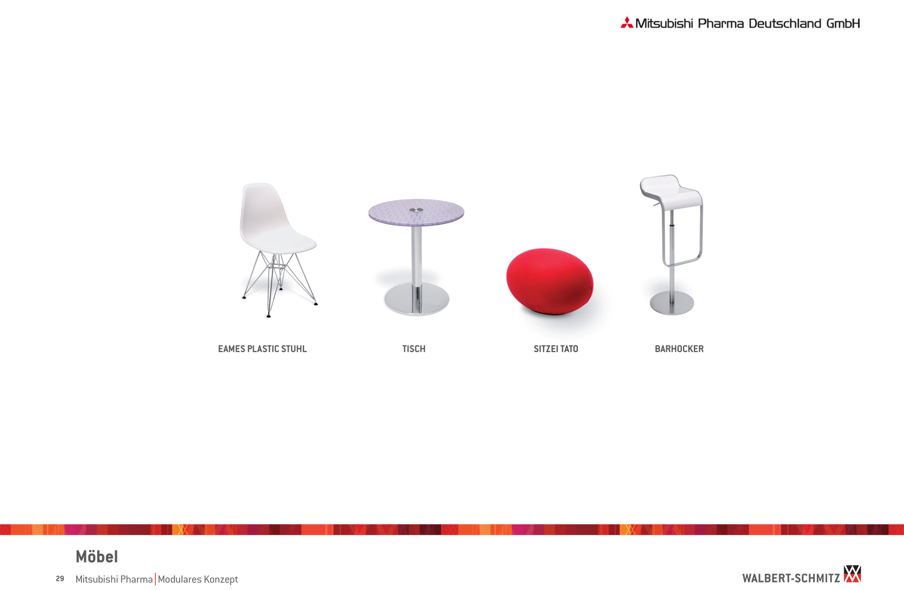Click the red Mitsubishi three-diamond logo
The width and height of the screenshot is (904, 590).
tap(627, 23)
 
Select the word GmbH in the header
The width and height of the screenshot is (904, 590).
tap(843, 23)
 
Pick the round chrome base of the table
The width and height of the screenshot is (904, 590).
tap(416, 298)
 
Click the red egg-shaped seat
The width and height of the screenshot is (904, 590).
tap(550, 281)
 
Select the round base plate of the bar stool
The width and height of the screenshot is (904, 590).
tap(672, 303)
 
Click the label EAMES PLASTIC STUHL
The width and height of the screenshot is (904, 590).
tap(262, 349)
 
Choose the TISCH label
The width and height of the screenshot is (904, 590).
tap(414, 349)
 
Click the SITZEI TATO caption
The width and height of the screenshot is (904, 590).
tap(556, 349)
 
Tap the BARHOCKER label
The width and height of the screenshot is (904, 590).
tap(679, 349)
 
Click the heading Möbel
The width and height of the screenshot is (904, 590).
tap(97, 557)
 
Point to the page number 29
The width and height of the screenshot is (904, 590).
tap(60, 579)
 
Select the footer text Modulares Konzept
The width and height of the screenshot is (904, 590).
tap(198, 579)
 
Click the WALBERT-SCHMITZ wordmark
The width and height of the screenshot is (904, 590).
tap(791, 578)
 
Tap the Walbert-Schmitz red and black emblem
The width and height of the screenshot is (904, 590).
tap(853, 574)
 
